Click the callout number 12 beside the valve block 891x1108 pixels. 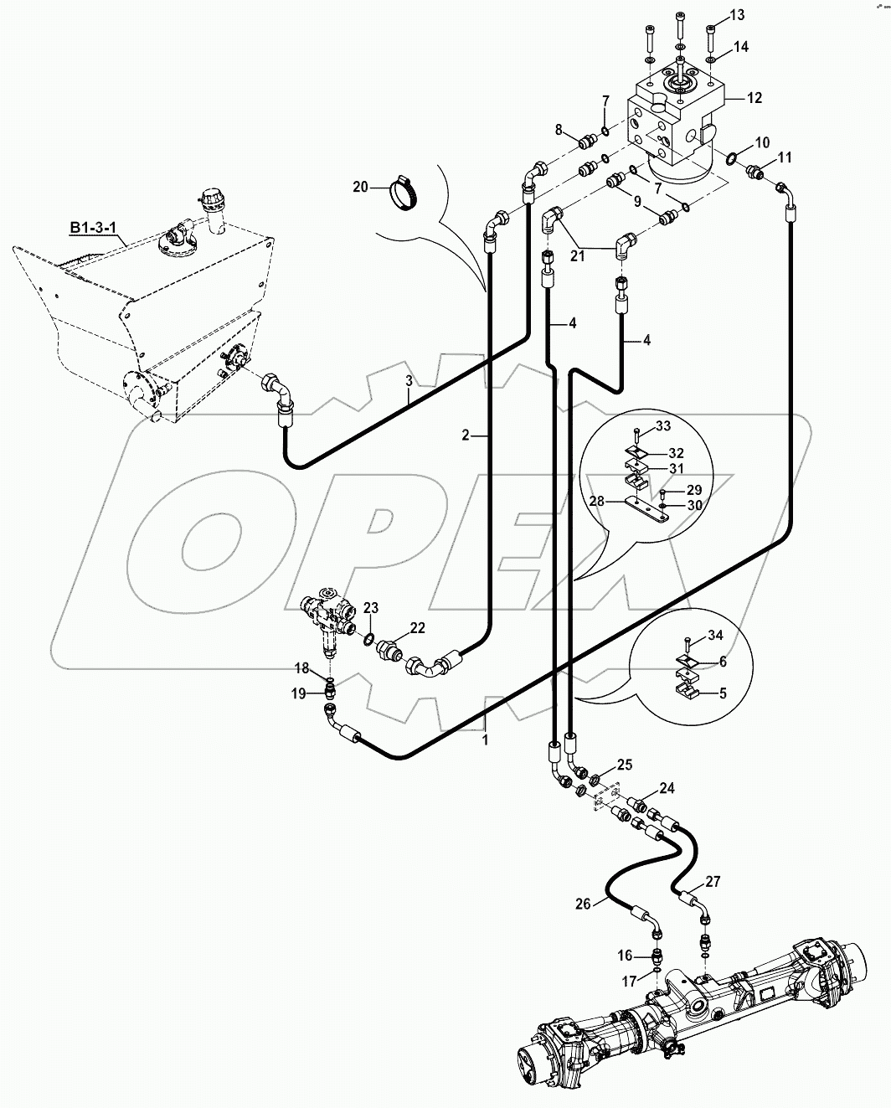(x=754, y=98)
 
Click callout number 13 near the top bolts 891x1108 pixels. (x=736, y=15)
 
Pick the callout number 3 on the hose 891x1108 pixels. (x=409, y=381)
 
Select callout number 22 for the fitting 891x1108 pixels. (x=417, y=628)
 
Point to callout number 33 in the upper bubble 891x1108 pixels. (x=662, y=427)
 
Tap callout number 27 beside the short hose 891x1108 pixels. (x=712, y=882)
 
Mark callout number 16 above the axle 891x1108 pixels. (x=626, y=956)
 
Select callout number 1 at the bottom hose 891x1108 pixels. (x=484, y=740)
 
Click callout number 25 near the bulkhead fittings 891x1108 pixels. (x=625, y=765)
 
